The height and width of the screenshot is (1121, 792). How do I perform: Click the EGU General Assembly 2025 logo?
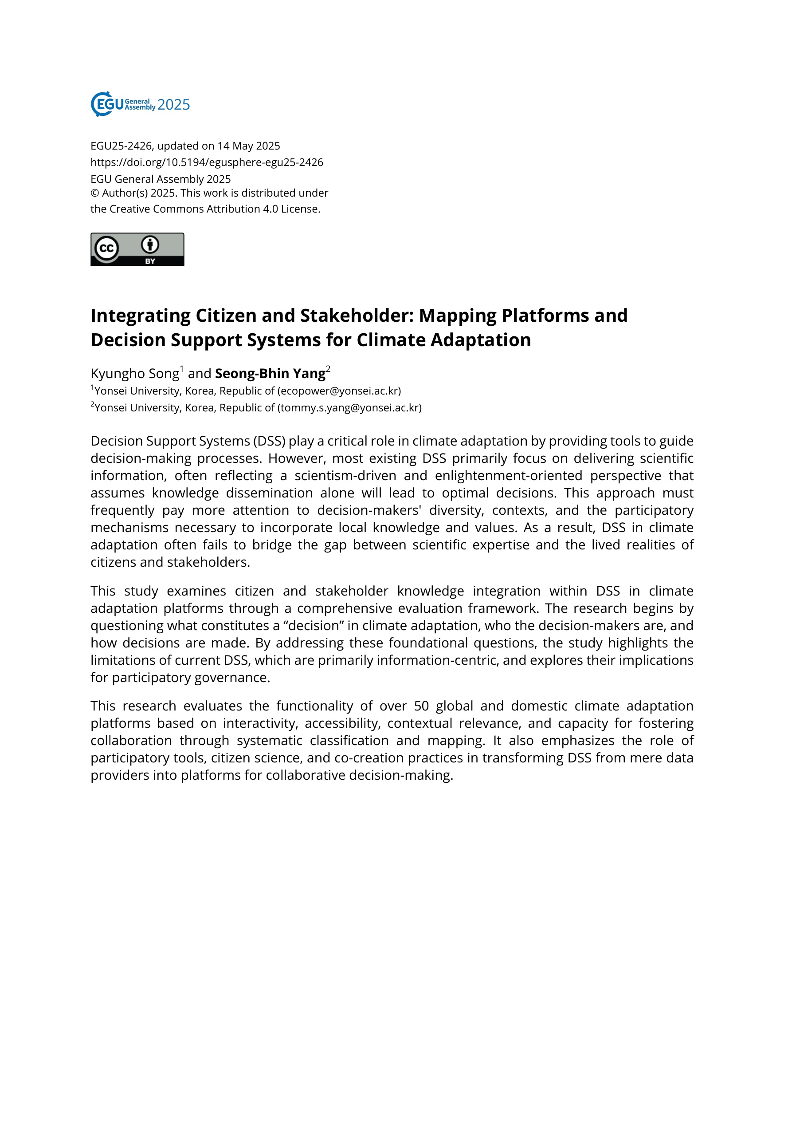[140, 104]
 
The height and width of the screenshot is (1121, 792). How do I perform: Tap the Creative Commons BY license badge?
[137, 249]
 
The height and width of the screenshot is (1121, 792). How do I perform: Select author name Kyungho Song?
[135, 374]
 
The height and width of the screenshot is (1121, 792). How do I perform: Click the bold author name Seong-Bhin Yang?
[270, 374]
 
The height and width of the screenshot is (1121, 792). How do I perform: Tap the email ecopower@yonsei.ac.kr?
[339, 391]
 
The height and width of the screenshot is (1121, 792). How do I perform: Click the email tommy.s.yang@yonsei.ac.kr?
[349, 408]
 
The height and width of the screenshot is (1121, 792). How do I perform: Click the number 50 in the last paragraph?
[421, 706]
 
